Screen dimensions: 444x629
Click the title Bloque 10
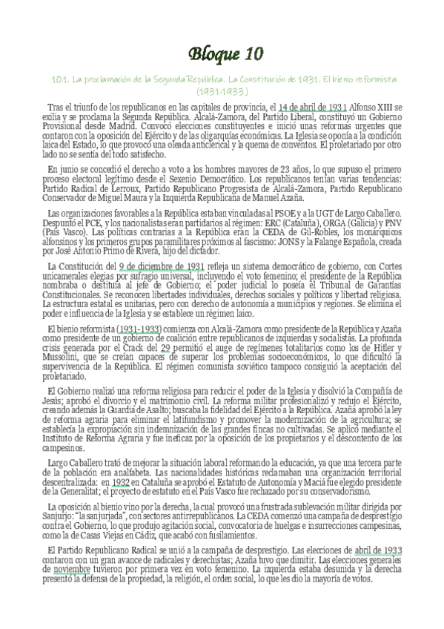(222, 53)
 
